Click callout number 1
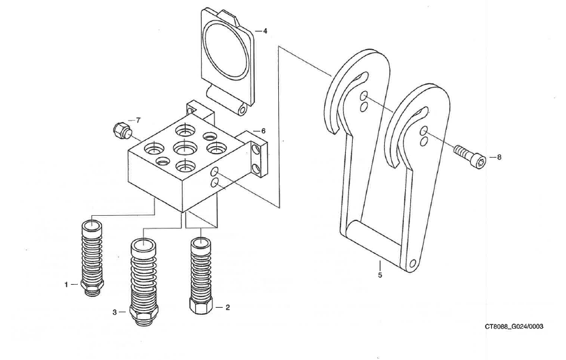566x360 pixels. point(66,285)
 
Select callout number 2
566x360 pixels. point(228,307)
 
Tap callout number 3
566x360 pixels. point(115,312)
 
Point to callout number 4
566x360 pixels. point(265,31)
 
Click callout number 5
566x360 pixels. point(379,275)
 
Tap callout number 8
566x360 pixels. point(498,157)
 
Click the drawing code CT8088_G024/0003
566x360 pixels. point(514,326)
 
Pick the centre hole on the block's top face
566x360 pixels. point(184,149)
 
